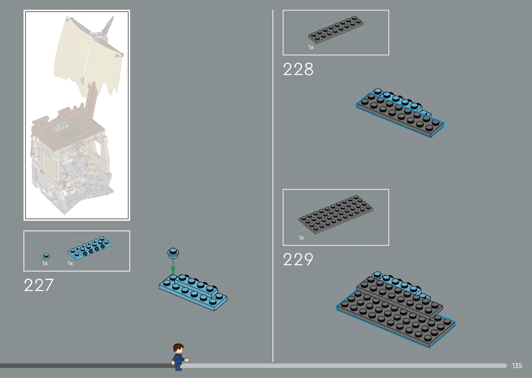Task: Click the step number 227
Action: point(39,285)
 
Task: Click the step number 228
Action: point(298,69)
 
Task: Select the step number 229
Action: point(298,259)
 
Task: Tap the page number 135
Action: point(517,366)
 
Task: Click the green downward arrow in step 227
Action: point(173,267)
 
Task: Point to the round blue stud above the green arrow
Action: point(173,253)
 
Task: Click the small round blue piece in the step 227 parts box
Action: point(46,256)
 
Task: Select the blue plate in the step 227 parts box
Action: point(89,248)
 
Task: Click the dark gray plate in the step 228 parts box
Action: point(336,30)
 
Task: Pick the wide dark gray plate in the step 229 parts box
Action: point(336,214)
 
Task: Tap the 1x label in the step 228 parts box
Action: point(311,47)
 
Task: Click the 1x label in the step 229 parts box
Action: point(301,238)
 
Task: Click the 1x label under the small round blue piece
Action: point(45,263)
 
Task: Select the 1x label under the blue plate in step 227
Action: point(70,263)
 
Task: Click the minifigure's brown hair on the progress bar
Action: point(178,347)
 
